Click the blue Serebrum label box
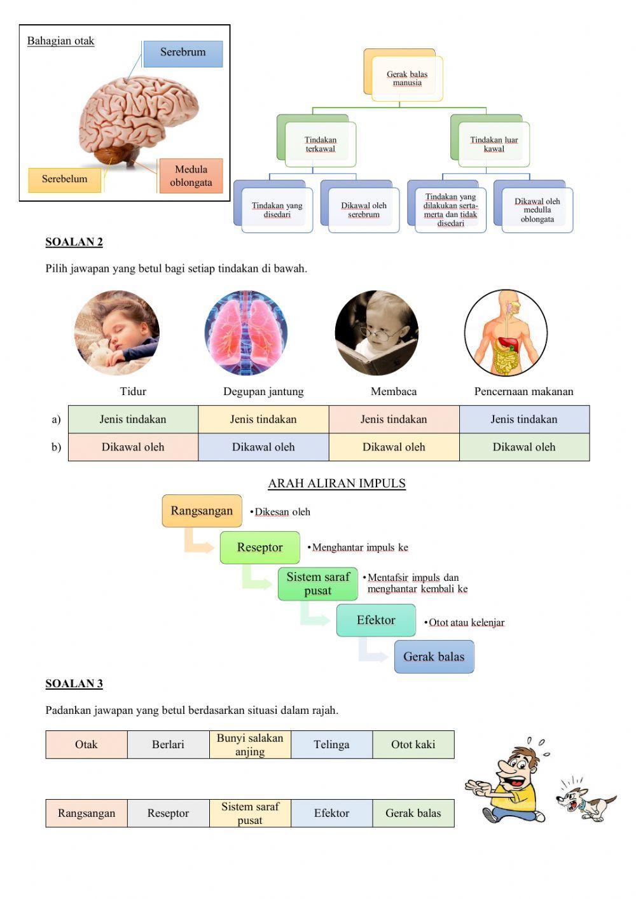point(183,53)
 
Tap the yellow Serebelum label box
point(65,179)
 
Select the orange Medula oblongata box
point(191,176)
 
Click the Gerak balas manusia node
point(407,78)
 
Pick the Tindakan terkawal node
point(320,144)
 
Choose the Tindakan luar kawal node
point(494,144)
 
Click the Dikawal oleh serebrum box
point(363,210)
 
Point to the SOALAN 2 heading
point(74,242)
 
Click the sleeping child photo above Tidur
point(117,332)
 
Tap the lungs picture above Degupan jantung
point(246,332)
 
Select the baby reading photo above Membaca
point(377,332)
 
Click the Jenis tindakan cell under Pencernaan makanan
point(524,419)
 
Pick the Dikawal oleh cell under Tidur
point(133,447)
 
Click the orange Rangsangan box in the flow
point(202,511)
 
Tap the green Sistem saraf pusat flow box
point(318,584)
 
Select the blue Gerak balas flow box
point(434,657)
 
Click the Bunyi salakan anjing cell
point(250,744)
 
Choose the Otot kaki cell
point(413,744)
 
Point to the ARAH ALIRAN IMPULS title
point(336,484)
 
